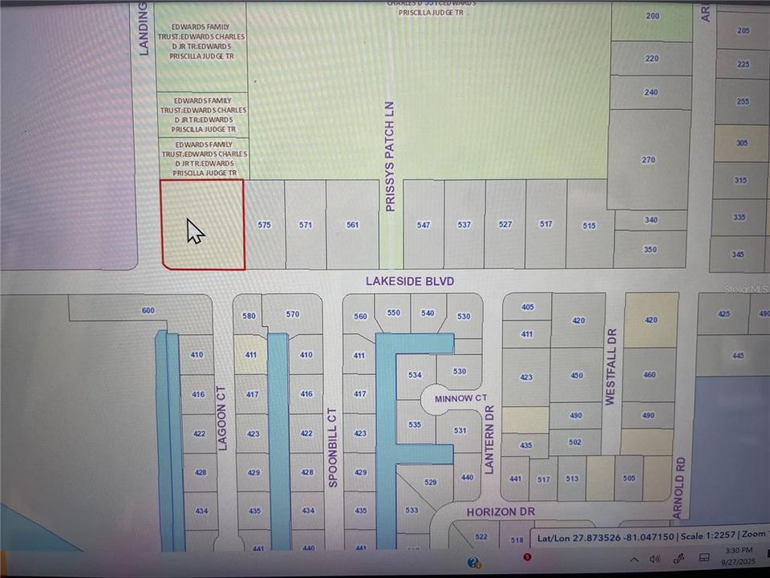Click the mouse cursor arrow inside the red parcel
(195, 231)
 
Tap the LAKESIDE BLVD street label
(410, 281)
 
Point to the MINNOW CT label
(460, 398)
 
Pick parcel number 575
(265, 226)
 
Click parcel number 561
(352, 226)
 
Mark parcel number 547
(423, 226)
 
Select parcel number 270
(649, 160)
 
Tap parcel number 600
(147, 311)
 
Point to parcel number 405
(527, 307)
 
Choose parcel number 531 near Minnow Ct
(460, 431)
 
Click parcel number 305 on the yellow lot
(741, 143)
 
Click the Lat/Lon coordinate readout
(606, 539)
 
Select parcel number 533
(412, 510)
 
